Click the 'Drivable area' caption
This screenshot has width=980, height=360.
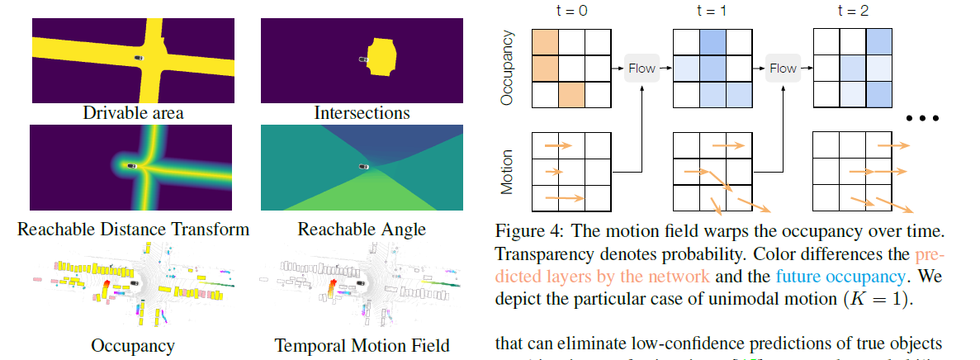click(133, 112)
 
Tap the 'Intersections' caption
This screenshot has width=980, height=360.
click(362, 112)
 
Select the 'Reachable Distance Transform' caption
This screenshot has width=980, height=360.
click(133, 228)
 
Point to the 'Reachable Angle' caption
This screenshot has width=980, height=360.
click(362, 228)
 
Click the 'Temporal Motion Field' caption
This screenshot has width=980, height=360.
click(362, 345)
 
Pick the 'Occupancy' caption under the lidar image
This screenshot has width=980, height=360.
click(133, 345)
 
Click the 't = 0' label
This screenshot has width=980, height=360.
click(570, 11)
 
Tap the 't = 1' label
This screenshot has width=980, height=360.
click(713, 11)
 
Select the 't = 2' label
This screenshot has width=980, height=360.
click(853, 11)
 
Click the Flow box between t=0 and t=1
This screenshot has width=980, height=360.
click(641, 68)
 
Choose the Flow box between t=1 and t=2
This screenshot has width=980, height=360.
click(783, 68)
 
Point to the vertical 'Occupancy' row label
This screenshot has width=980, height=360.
click(507, 68)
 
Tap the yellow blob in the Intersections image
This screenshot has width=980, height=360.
click(381, 56)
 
